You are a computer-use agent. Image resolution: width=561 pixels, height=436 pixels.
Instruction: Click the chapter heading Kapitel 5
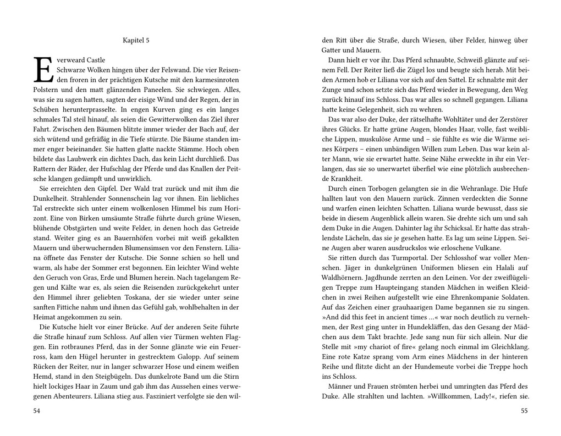[136, 40]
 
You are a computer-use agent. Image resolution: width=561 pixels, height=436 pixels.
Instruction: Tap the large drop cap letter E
[44, 70]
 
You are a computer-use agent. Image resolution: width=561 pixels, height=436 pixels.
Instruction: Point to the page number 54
[37, 411]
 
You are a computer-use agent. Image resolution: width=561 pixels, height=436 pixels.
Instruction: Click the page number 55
[524, 411]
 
